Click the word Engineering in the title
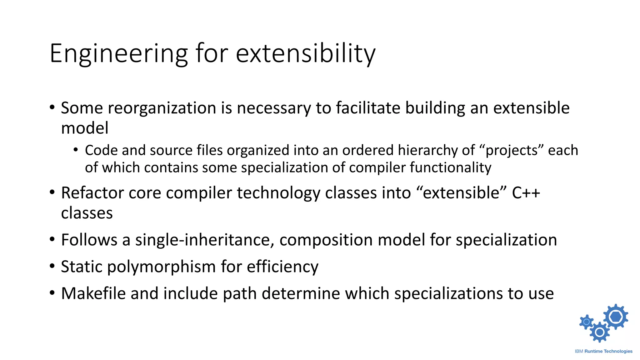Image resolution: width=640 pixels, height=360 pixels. coord(119,54)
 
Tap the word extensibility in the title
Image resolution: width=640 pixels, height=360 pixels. coord(305,54)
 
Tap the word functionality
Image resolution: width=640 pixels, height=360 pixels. coord(450,168)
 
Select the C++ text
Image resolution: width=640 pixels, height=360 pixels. coord(526,193)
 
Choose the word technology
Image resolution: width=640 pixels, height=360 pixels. coord(278,193)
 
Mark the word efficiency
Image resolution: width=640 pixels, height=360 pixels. coord(282,267)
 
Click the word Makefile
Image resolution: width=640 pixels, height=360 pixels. coord(93,293)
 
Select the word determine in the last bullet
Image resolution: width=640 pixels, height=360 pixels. coord(300,293)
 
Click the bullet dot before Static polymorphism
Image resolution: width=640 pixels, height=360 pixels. coord(52,267)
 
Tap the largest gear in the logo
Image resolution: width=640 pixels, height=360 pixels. coord(615,317)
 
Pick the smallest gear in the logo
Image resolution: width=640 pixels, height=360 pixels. coord(587,322)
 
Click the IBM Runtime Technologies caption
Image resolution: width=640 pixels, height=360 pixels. coord(603,351)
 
